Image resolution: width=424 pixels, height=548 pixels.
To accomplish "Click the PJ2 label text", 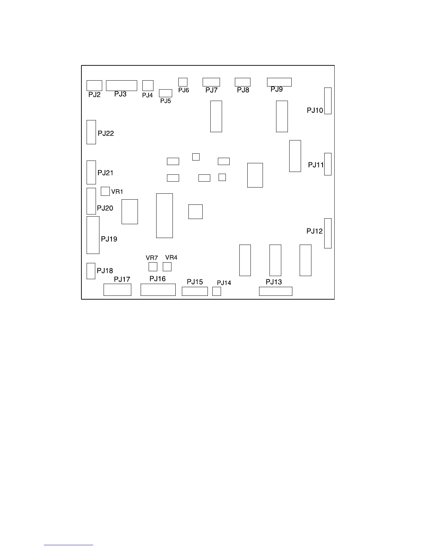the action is point(94,95).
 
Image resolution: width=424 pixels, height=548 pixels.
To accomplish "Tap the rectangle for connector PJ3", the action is point(121,85).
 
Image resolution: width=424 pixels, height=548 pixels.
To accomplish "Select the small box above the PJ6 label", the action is point(183,82).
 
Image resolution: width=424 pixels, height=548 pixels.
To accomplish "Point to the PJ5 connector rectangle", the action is point(166,93).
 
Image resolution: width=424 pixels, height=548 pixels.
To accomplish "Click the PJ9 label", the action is point(276,89).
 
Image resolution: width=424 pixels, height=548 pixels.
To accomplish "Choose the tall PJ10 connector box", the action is point(328,101).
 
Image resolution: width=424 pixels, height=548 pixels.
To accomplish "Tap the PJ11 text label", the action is point(316,165).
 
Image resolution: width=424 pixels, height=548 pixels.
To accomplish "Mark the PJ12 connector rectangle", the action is point(328,233).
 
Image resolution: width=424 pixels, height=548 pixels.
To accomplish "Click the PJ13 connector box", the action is point(275,291).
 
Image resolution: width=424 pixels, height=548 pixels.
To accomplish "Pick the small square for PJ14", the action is point(217,291).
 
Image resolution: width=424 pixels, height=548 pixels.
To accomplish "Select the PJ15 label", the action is point(195,282).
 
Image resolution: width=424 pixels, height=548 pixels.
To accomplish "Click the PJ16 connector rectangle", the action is point(158,290).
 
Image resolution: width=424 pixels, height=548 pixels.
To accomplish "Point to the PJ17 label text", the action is point(122,279).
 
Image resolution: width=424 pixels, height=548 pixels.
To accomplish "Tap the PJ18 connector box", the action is point(91,271).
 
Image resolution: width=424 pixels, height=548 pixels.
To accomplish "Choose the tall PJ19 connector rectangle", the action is point(93,235).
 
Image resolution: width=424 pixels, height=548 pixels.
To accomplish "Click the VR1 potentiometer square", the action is point(105,191).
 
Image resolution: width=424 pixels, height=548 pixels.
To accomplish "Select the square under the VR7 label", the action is point(153,267).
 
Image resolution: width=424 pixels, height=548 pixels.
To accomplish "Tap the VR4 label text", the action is point(171,257).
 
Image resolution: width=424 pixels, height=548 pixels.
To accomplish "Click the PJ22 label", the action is point(106,133).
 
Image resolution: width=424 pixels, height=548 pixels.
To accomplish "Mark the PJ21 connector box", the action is point(91,172).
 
